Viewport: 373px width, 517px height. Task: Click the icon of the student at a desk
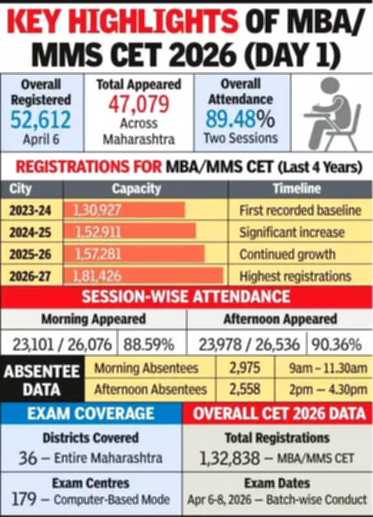pos(330,114)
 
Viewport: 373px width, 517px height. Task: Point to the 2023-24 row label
pos(36,210)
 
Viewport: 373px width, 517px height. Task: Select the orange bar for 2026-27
pos(148,276)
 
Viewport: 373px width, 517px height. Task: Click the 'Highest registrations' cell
pos(295,276)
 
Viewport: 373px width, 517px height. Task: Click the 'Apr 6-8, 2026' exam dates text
pos(226,499)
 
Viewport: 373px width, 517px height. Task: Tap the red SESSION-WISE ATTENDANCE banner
pos(186,297)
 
